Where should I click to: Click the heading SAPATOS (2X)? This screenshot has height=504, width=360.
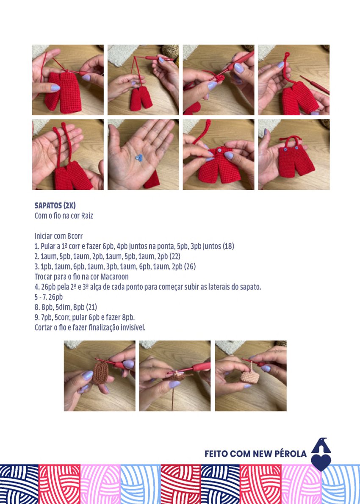point(55,205)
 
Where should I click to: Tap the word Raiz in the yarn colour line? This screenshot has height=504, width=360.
point(87,216)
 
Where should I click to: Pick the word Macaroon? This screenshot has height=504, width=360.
point(114,277)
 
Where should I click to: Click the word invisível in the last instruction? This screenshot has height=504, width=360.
point(133,328)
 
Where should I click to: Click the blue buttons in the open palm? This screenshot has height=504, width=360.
point(139,158)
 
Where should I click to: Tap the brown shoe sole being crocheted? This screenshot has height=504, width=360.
point(101,372)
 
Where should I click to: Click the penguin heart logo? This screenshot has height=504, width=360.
point(321,454)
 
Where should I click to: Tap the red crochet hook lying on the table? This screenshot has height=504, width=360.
point(314,85)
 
